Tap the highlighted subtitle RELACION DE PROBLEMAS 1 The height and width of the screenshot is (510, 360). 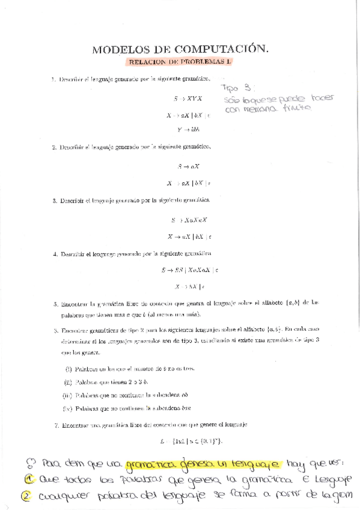click(180, 61)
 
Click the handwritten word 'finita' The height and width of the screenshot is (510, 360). click(298, 108)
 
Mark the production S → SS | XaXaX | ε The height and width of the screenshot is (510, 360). click(190, 271)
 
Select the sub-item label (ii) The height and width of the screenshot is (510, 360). click(68, 381)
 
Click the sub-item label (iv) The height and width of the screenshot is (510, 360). click(68, 409)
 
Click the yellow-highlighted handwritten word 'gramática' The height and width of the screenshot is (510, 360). click(150, 464)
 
